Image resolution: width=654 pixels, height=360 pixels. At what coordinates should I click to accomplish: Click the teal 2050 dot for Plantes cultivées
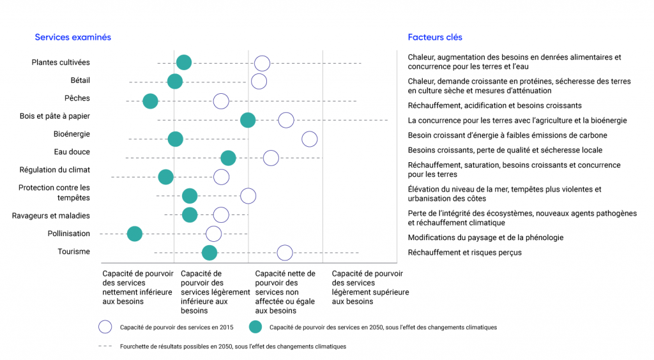click(x=183, y=63)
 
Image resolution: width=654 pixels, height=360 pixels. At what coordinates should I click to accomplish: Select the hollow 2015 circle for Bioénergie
click(x=309, y=139)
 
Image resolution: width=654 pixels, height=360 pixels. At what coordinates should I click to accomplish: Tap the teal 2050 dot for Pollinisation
click(x=134, y=234)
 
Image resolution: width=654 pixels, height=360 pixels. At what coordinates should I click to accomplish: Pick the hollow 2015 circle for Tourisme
click(x=285, y=253)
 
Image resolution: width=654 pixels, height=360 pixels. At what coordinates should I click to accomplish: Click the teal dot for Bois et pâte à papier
click(x=248, y=120)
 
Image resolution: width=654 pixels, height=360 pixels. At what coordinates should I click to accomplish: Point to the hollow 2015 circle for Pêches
click(x=221, y=101)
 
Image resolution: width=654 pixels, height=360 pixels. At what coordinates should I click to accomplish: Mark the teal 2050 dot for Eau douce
click(x=228, y=158)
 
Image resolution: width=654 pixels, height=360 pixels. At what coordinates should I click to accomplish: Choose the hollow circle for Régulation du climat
click(x=221, y=177)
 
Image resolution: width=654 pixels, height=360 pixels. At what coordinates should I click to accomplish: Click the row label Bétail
click(x=80, y=80)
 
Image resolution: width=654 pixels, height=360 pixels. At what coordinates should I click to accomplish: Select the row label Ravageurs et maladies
click(x=51, y=216)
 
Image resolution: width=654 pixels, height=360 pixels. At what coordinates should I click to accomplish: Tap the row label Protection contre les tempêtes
click(x=54, y=192)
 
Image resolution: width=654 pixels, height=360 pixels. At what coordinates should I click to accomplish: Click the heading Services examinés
click(x=73, y=37)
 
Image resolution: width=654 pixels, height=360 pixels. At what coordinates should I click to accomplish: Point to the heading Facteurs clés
click(x=435, y=37)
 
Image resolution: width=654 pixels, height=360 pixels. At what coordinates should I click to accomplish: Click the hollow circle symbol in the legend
click(x=105, y=327)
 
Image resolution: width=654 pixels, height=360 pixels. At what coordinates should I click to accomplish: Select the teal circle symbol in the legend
click(x=255, y=327)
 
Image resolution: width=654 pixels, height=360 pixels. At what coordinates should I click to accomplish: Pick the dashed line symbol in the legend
click(x=106, y=347)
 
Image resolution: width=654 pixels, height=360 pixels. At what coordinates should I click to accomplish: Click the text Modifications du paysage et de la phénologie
click(x=485, y=237)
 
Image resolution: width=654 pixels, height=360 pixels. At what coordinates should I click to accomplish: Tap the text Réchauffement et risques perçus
click(x=464, y=253)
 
